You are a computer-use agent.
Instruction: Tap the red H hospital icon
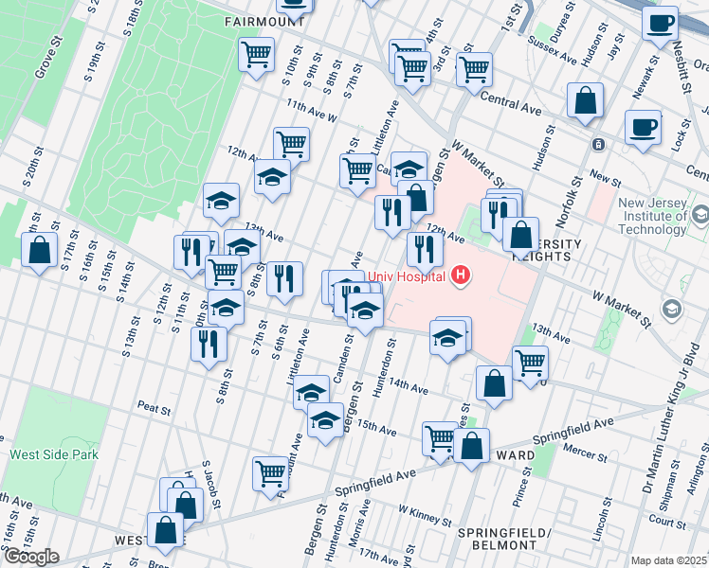[461, 276]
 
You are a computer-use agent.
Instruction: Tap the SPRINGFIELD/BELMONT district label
[504, 539]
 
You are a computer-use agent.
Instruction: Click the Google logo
[30, 557]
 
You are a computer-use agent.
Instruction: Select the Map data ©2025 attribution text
[669, 560]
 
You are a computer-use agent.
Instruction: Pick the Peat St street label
[153, 411]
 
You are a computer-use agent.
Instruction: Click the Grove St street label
[41, 60]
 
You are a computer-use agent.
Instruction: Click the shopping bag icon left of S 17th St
[39, 252]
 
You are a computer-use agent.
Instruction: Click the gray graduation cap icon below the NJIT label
[672, 310]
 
